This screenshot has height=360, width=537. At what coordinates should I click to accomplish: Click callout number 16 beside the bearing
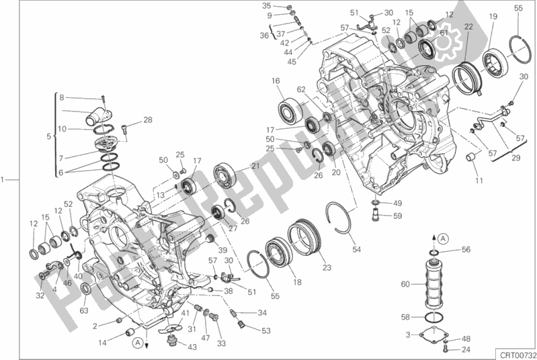pyautogui.click(x=276, y=81)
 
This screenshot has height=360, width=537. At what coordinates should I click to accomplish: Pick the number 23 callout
pyautogui.click(x=327, y=268)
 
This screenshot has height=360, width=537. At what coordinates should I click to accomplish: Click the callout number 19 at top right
pyautogui.click(x=493, y=16)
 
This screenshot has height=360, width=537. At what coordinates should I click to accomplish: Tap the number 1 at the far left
pyautogui.click(x=4, y=179)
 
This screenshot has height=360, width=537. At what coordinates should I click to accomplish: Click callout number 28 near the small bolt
pyautogui.click(x=148, y=120)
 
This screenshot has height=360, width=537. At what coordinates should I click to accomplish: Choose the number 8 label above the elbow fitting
pyautogui.click(x=61, y=97)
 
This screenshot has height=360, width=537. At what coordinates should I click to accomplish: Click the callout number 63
pyautogui.click(x=83, y=310)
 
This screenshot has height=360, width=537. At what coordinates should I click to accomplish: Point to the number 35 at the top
pyautogui.click(x=266, y=5)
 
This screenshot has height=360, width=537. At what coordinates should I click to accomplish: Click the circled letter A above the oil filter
pyautogui.click(x=444, y=238)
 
